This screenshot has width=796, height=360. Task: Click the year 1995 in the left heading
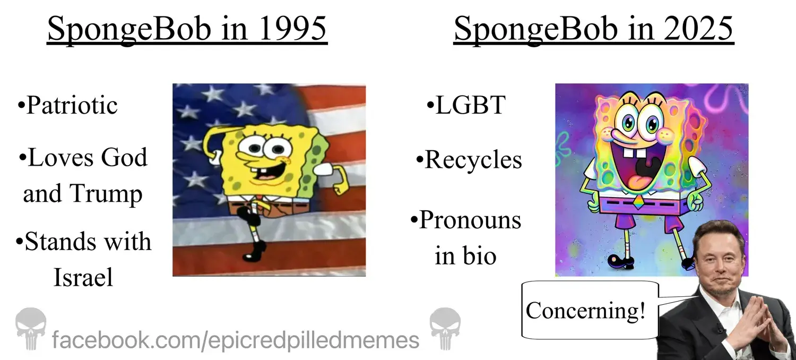(x=292, y=29)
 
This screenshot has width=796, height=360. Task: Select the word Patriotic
(x=72, y=105)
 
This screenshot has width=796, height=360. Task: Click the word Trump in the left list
(x=106, y=194)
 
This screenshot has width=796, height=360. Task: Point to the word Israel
(x=83, y=277)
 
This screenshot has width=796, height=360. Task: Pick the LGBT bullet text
(x=470, y=105)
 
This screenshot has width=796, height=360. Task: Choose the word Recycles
(x=473, y=160)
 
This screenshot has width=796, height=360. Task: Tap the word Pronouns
(x=470, y=220)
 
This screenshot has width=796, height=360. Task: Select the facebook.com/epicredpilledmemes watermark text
(x=236, y=340)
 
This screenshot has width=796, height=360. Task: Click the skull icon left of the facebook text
(x=31, y=328)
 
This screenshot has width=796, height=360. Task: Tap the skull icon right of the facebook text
(x=445, y=328)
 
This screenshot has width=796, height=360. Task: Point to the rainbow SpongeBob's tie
(x=638, y=202)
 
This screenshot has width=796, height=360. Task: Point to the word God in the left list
(x=124, y=157)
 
